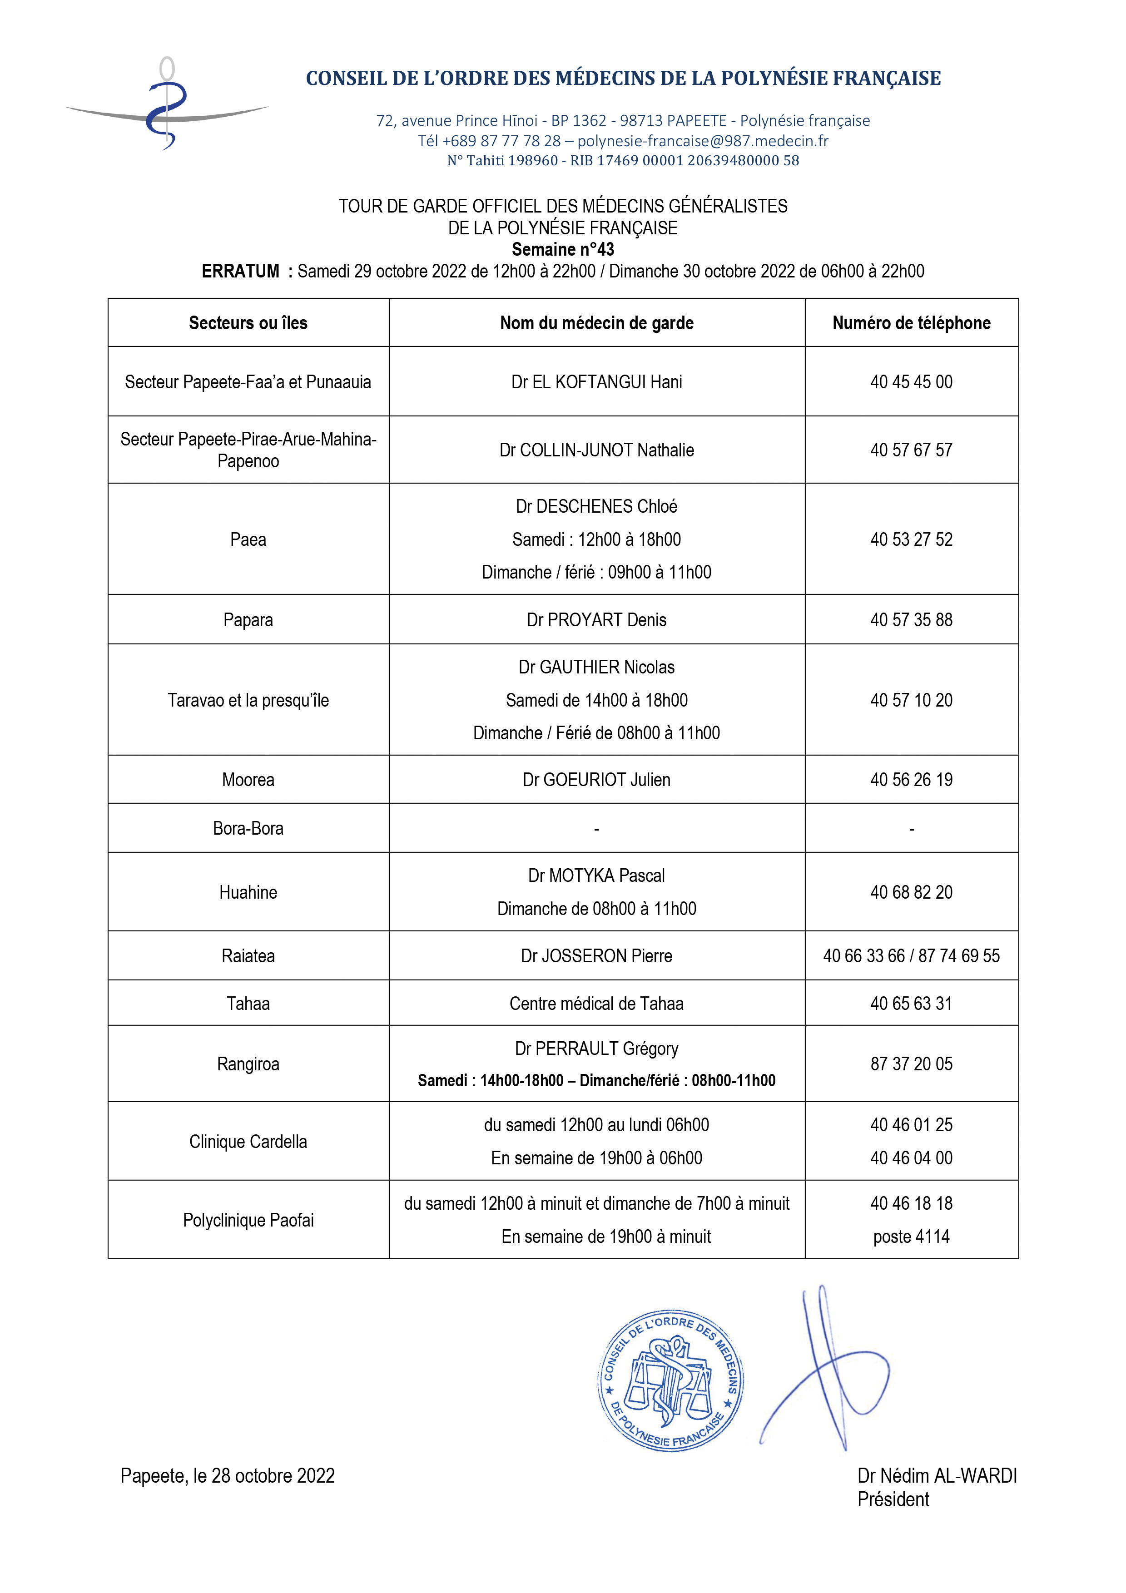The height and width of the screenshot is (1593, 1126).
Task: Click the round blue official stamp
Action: (670, 1380)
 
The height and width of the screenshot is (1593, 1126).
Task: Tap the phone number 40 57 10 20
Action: (911, 700)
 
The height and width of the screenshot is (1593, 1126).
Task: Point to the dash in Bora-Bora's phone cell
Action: (911, 828)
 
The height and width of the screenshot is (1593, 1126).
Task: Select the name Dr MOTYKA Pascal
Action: (597, 876)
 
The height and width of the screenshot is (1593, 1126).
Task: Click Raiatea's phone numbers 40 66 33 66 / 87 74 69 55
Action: (911, 956)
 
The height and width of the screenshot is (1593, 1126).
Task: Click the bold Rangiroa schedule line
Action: (597, 1080)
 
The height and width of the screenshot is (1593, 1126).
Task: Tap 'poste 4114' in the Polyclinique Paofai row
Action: (911, 1237)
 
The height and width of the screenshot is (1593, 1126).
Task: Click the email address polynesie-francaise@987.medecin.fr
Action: (703, 141)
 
